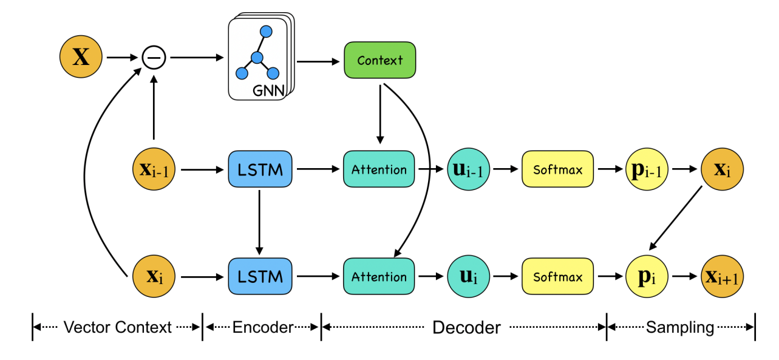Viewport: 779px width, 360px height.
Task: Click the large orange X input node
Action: [81, 58]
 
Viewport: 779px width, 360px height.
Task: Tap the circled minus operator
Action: [154, 58]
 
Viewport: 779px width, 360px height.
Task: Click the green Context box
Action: [379, 60]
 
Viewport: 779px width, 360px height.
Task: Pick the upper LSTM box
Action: [259, 169]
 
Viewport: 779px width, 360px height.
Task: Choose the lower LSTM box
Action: [259, 277]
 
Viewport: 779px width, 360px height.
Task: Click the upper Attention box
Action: [379, 169]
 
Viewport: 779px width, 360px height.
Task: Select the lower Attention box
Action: [379, 277]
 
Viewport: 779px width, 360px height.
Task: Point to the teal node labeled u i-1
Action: [468, 169]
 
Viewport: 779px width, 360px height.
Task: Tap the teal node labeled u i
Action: [468, 277]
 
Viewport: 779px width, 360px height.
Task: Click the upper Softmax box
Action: [557, 169]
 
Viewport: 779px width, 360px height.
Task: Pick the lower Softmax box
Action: [557, 277]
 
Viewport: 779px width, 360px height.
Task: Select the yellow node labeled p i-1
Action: [647, 169]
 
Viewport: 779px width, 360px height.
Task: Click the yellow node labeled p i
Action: [647, 277]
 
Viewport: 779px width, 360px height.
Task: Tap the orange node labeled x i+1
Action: [723, 277]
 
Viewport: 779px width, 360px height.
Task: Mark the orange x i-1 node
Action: [154, 169]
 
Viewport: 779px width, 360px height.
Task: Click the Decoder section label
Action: [466, 328]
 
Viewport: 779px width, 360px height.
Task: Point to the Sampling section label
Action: [679, 328]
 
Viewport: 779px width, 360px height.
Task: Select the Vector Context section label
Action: [117, 328]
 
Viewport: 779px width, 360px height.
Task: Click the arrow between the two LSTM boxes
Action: [259, 222]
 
